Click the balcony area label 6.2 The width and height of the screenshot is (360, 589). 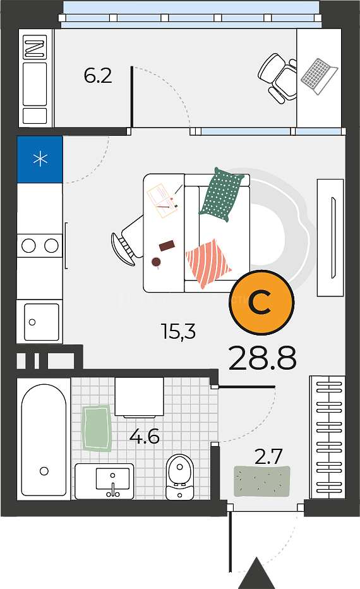click(98, 76)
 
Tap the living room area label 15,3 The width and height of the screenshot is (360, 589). click(178, 331)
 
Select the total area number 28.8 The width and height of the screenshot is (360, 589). click(262, 358)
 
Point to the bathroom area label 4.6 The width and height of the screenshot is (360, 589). click(145, 437)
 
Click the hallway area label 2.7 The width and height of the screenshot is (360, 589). click(268, 457)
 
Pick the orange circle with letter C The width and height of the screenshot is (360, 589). click(261, 302)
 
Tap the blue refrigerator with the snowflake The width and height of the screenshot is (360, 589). click(40, 159)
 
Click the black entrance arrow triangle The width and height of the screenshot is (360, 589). click(257, 573)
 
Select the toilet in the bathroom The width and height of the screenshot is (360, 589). click(179, 477)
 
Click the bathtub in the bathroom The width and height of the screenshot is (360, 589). click(44, 439)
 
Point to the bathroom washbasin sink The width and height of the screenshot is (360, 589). click(104, 481)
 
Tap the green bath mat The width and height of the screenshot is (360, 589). click(97, 428)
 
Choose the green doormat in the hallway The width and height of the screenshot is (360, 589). click(262, 481)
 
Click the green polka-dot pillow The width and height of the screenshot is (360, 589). click(221, 195)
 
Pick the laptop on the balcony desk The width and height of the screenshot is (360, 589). click(319, 76)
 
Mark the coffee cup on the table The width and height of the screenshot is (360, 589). click(156, 262)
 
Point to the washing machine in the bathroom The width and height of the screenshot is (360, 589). click(139, 397)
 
